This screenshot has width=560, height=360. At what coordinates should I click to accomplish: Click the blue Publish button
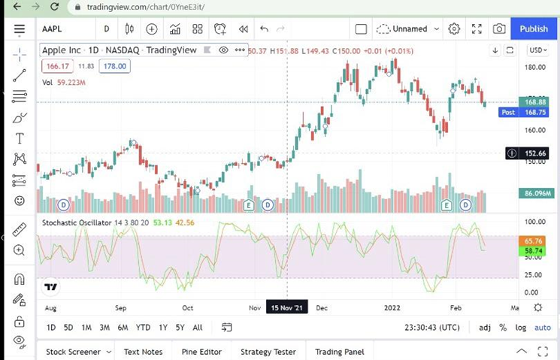click(x=534, y=29)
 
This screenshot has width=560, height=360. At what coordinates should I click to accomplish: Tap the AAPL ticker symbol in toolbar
click(x=53, y=29)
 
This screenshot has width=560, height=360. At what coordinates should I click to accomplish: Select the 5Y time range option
click(x=180, y=327)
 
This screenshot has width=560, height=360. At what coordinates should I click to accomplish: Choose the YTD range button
click(x=143, y=327)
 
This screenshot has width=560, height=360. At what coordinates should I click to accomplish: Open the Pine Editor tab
click(x=201, y=352)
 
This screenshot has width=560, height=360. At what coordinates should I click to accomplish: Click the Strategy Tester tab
click(x=268, y=352)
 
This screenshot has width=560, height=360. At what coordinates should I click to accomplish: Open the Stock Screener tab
click(x=74, y=352)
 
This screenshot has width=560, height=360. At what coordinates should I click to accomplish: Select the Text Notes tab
click(x=143, y=352)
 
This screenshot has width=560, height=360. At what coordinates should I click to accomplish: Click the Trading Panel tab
click(x=340, y=352)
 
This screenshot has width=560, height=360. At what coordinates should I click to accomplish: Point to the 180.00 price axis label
click(x=534, y=67)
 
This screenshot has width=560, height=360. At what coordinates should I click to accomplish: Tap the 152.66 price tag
click(x=535, y=153)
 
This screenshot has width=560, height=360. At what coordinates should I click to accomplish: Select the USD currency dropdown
click(x=537, y=50)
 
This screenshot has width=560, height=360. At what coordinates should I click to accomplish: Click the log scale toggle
click(x=521, y=327)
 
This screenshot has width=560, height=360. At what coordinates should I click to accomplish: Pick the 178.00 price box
click(x=115, y=66)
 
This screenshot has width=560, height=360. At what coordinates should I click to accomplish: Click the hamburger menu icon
click(x=20, y=29)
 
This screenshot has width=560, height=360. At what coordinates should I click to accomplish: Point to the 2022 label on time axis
click(x=392, y=307)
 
